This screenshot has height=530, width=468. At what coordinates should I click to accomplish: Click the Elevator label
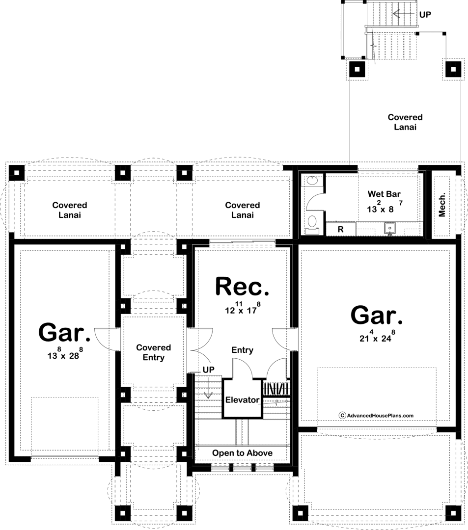(242, 400)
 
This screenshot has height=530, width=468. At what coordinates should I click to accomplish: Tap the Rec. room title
(242, 287)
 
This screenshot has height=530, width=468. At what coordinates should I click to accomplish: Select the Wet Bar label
(384, 194)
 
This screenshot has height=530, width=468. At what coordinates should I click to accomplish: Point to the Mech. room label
(442, 205)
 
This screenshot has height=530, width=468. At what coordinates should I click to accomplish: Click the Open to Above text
(242, 453)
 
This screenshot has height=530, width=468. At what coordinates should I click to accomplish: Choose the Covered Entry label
(154, 352)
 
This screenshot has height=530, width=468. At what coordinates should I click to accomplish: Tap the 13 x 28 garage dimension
(64, 353)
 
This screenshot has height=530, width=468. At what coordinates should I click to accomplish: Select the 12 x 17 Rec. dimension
(243, 308)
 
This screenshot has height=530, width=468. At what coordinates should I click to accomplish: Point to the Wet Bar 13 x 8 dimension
(385, 207)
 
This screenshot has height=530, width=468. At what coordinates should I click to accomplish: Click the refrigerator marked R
(340, 229)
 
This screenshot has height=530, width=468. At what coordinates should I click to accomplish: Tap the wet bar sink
(389, 229)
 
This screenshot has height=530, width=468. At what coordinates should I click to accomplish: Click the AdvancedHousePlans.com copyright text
(376, 416)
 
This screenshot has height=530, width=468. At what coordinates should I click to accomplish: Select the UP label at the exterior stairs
(425, 15)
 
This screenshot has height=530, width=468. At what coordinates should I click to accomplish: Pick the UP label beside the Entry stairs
(208, 370)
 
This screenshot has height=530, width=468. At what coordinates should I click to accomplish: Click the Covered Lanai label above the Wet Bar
(405, 122)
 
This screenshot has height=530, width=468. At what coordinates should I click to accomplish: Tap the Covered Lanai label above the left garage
(70, 210)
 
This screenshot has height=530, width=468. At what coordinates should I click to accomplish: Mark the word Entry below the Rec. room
(243, 350)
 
